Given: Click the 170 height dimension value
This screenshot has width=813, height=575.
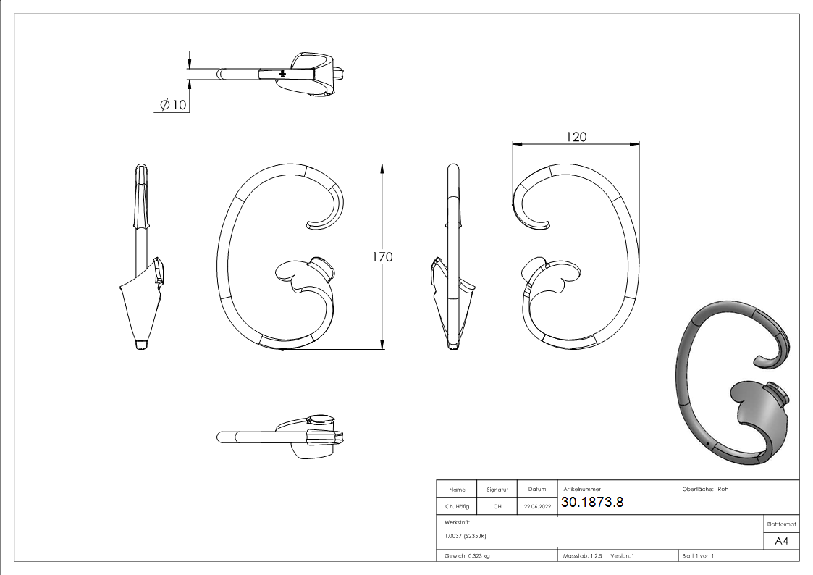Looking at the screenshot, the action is [382, 257].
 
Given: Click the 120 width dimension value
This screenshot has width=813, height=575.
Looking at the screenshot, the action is [576, 137].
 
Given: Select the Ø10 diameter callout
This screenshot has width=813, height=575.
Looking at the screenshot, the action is [172, 105].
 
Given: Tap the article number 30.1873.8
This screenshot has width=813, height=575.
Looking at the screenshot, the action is [592, 502].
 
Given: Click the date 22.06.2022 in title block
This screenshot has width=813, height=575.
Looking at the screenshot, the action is [537, 506].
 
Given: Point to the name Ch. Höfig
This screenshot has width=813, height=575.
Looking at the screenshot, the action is [457, 506].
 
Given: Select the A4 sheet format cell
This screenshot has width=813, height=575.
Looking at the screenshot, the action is [781, 541].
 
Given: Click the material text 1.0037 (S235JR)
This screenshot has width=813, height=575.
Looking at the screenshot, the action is [465, 536].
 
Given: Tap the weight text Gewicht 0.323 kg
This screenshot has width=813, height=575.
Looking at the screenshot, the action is [467, 556].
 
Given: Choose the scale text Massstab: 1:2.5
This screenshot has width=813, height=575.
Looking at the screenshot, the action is [582, 556].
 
